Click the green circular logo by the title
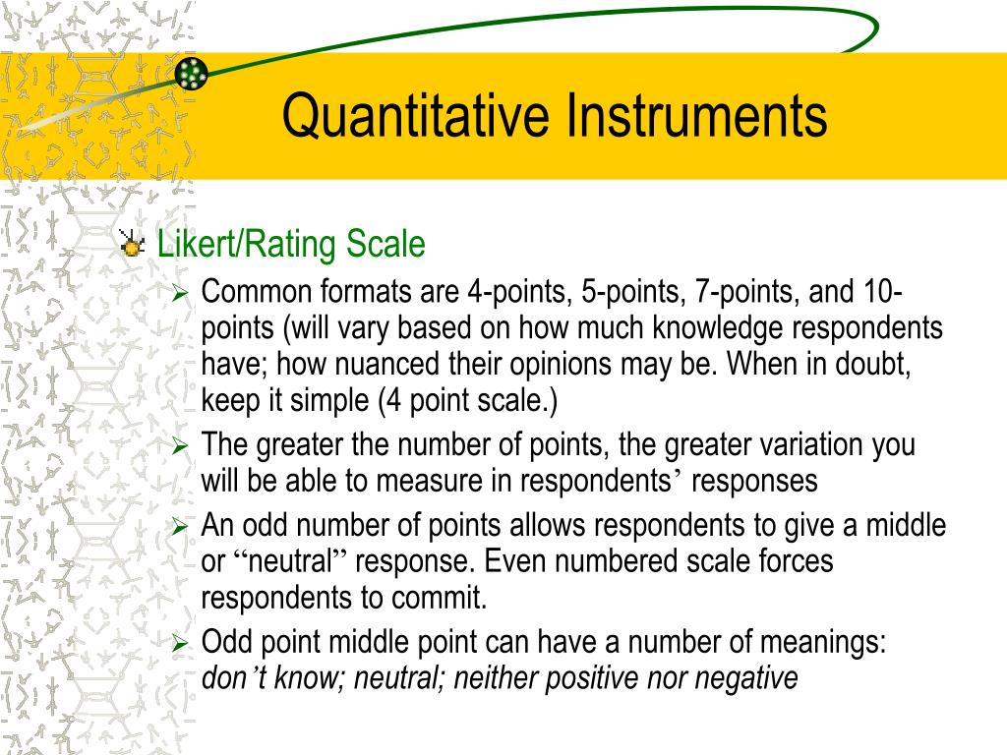coord(193,73)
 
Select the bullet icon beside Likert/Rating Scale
coord(131,245)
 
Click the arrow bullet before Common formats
coord(179,294)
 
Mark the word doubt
coord(871,365)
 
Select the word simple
coord(320,401)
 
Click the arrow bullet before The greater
coord(179,446)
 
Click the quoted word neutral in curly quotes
coord(292,562)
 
